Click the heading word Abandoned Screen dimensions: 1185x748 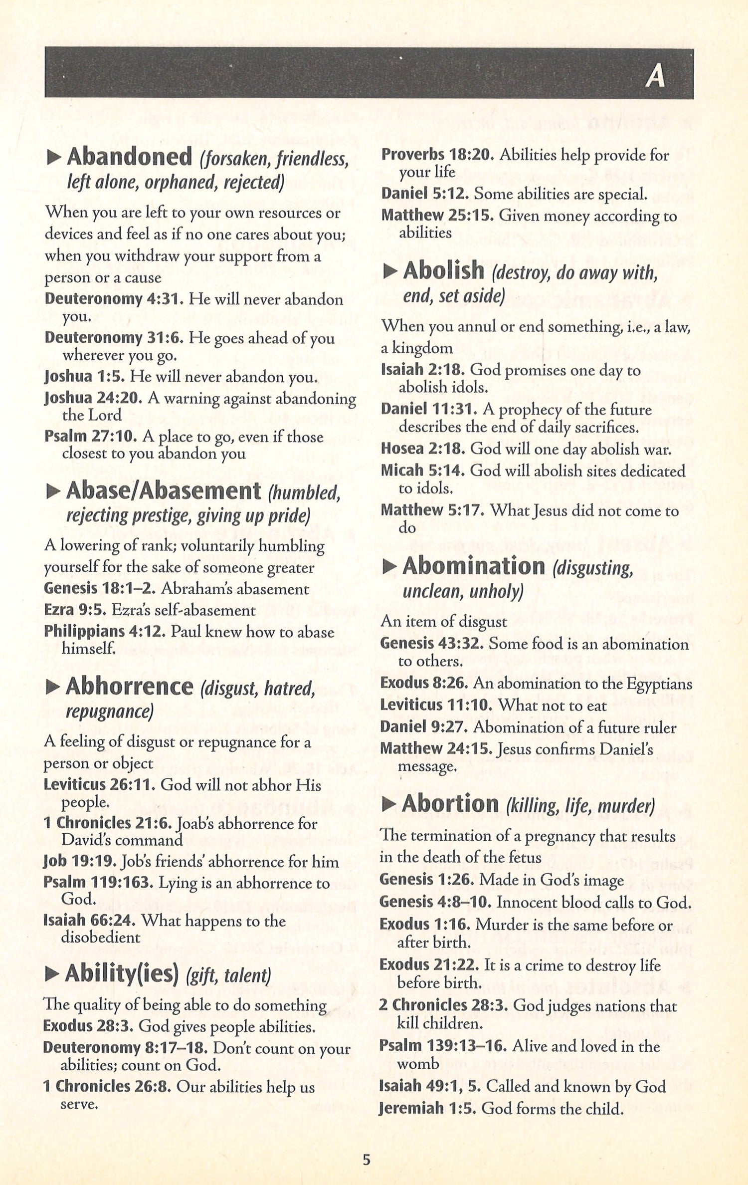click(130, 157)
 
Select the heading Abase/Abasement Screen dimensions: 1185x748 click(164, 491)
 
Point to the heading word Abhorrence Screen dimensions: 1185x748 click(129, 687)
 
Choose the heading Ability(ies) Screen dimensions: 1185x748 click(122, 972)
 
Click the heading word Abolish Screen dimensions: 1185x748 click(443, 271)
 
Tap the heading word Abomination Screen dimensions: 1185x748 click(474, 566)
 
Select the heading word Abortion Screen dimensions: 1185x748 click(450, 804)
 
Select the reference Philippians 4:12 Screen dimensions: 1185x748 click(105, 631)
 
